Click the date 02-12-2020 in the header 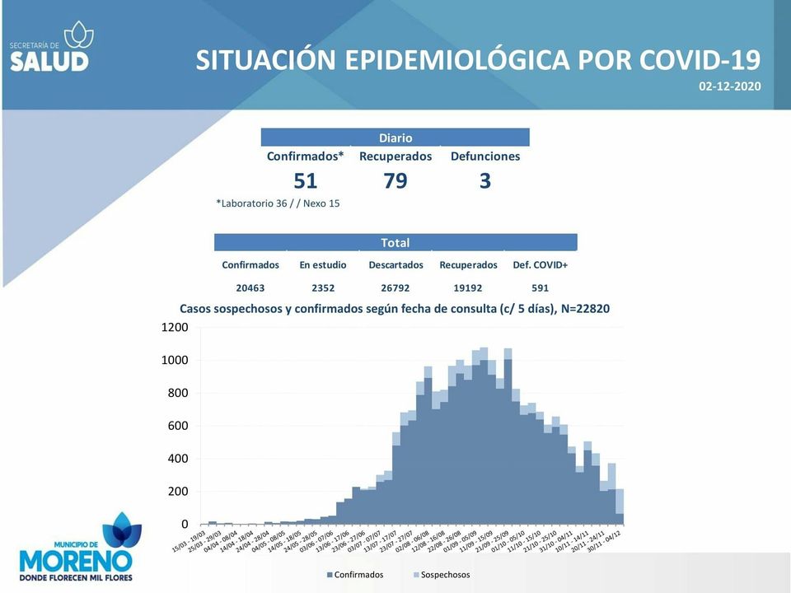click(x=729, y=86)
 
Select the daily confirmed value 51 click(x=305, y=181)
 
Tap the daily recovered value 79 click(x=395, y=181)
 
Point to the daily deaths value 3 click(x=485, y=181)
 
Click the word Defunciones click(x=485, y=156)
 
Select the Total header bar click(x=395, y=243)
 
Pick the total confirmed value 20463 click(x=250, y=288)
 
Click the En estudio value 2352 click(x=323, y=288)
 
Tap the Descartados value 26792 click(x=395, y=288)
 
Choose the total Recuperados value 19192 click(x=468, y=288)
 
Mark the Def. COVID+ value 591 click(x=540, y=288)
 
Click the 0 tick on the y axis click(x=185, y=525)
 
